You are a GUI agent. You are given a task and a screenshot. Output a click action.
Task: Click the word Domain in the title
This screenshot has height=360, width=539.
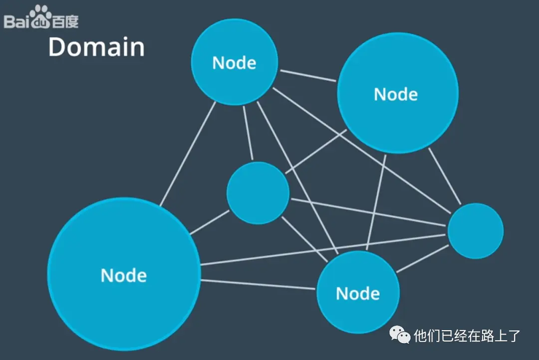coord(96,47)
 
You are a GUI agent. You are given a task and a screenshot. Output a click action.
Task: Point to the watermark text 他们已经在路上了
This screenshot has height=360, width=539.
coord(467,335)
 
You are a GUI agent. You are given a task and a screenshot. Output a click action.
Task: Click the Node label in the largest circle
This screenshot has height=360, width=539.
coord(124,275)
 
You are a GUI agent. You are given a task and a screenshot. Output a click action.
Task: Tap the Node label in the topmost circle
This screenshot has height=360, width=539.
coord(234,62)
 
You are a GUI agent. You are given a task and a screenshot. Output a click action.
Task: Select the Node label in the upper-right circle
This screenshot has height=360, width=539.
coord(396,94)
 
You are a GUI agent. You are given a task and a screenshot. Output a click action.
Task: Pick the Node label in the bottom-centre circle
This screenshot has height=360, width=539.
coord(358,293)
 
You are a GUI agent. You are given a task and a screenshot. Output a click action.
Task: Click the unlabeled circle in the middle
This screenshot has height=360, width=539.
coord(258,192)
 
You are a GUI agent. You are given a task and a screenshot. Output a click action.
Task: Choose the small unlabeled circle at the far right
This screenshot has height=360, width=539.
coord(475,231)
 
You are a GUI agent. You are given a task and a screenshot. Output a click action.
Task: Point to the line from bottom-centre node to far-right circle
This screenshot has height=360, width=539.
coord(422,259)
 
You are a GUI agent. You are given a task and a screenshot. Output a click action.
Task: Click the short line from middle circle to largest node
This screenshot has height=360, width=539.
coord(210,222)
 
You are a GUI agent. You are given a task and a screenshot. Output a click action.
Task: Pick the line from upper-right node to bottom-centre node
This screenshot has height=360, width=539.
coord(377,202)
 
